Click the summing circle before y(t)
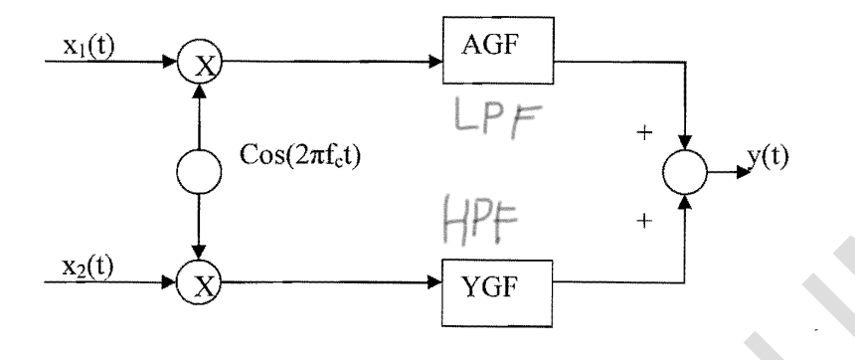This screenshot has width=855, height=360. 684,177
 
